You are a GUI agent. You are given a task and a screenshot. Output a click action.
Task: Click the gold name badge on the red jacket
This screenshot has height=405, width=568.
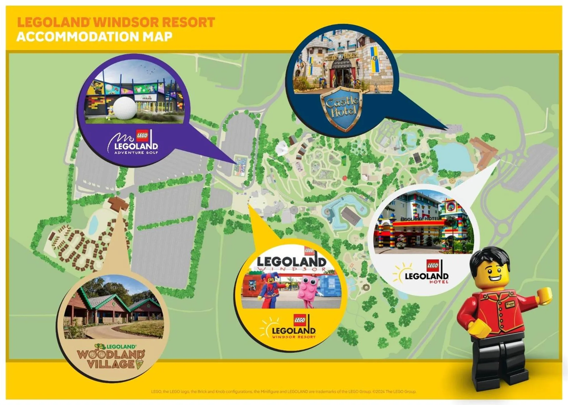[x=510, y=304]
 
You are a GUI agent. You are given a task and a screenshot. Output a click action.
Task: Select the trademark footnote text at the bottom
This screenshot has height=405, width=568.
[x=284, y=391]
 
